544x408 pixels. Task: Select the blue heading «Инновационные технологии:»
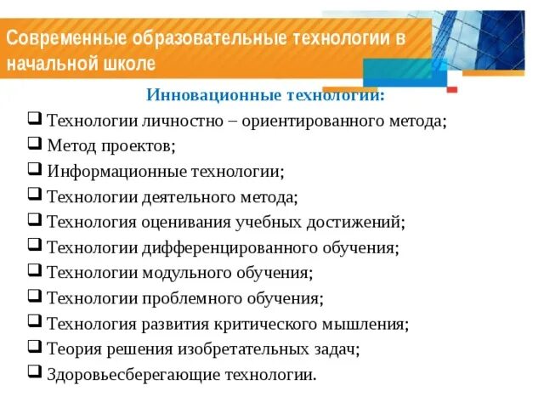[x=266, y=95]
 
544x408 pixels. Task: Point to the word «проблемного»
[x=188, y=299]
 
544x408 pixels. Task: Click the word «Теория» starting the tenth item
[x=71, y=349]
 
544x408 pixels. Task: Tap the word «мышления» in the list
[x=369, y=324]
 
